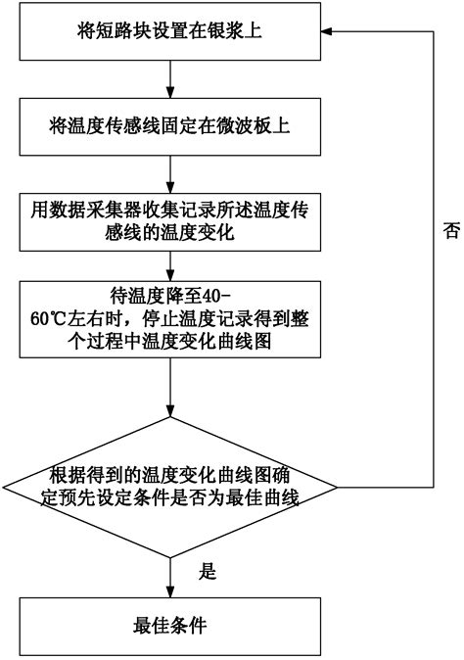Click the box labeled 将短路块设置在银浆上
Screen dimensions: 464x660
(170, 31)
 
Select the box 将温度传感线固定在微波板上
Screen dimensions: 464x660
(170, 126)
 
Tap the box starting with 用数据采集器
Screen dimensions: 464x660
(170, 222)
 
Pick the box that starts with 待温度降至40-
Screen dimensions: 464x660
(170, 319)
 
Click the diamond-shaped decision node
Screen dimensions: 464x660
(170, 488)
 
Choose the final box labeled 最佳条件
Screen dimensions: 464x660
(170, 626)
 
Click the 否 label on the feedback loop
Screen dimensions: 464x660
(451, 230)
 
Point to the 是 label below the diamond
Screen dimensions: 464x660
(208, 571)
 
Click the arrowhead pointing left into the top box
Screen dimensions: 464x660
(327, 31)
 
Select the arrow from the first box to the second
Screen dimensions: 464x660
(170, 79)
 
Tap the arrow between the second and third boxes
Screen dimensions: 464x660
(170, 174)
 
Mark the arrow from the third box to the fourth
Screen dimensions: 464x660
(170, 266)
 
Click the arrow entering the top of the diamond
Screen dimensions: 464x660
(170, 387)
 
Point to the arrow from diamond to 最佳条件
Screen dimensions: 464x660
(170, 578)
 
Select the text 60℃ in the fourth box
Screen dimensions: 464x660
(48, 319)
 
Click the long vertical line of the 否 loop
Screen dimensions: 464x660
(434, 259)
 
